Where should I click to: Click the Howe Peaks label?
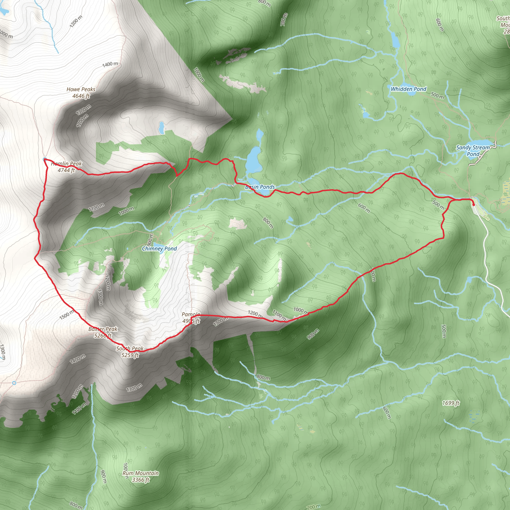(81, 89)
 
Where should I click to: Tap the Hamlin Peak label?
(66, 164)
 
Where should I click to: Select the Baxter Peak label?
(103, 329)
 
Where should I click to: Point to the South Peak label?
(130, 348)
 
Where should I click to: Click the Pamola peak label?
(191, 315)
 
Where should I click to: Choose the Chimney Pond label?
(159, 249)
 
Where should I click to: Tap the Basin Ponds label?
(260, 187)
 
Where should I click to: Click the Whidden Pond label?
(408, 89)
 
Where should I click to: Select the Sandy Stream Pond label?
(473, 151)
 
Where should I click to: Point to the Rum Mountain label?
(141, 473)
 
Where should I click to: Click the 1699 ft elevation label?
(451, 403)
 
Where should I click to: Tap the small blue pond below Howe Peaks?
(161, 128)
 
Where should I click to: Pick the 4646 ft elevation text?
(81, 96)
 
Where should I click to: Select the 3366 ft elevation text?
(141, 480)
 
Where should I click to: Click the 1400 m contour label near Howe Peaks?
(110, 64)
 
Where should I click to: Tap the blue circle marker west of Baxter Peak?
(14, 383)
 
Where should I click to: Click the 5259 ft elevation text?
(130, 355)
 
